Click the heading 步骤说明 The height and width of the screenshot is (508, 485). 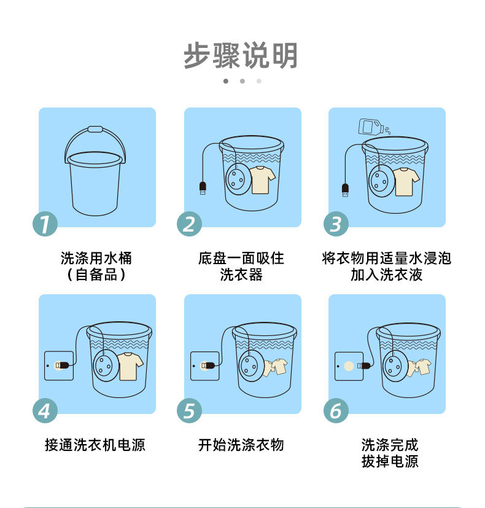tap(241, 55)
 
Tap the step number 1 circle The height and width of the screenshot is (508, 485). tap(45, 224)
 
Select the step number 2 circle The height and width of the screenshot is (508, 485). tap(190, 224)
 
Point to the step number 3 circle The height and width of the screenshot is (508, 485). tap(336, 224)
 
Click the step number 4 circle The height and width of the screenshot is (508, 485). tap(45, 410)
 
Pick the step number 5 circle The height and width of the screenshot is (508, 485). tap(190, 410)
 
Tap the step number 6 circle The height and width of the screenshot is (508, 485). tap(336, 410)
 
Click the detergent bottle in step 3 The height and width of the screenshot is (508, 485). tap(371, 127)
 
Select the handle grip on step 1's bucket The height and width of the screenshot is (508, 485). tap(95, 130)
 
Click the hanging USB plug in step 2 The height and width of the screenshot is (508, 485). tap(203, 188)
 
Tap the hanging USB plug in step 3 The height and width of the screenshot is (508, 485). tap(346, 190)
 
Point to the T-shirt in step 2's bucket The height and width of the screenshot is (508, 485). tap(262, 180)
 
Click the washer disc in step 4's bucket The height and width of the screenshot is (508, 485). tap(105, 365)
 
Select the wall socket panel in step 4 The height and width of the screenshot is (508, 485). tap(59, 365)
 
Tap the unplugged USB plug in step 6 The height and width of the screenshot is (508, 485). tap(364, 365)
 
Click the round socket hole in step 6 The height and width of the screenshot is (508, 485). tap(349, 366)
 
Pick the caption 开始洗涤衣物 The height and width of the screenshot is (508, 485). tap(241, 445)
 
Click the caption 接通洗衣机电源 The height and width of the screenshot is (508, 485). tap(95, 445)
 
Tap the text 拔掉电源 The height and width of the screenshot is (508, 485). tap(390, 461)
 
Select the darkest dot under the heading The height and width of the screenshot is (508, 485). tap(226, 81)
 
